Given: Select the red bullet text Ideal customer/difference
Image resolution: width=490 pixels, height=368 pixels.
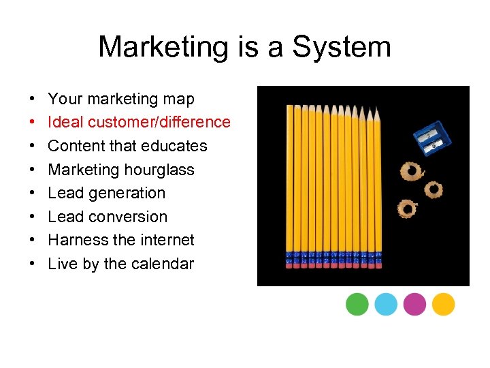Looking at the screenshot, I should pyautogui.click(x=140, y=123).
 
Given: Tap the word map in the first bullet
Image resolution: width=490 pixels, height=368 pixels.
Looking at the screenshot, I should pyautogui.click(x=178, y=99).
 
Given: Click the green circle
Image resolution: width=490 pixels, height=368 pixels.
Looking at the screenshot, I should pyautogui.click(x=357, y=304).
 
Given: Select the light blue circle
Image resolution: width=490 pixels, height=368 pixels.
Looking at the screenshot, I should pyautogui.click(x=386, y=304).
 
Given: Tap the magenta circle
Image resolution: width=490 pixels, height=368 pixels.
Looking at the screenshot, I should pyautogui.click(x=414, y=304).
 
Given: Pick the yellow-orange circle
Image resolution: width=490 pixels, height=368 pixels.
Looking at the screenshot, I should pyautogui.click(x=443, y=304).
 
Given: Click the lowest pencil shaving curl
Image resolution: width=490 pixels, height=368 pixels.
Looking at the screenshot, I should pyautogui.click(x=407, y=207).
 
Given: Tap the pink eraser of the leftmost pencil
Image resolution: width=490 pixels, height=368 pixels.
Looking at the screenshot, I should pyautogui.click(x=290, y=264).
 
